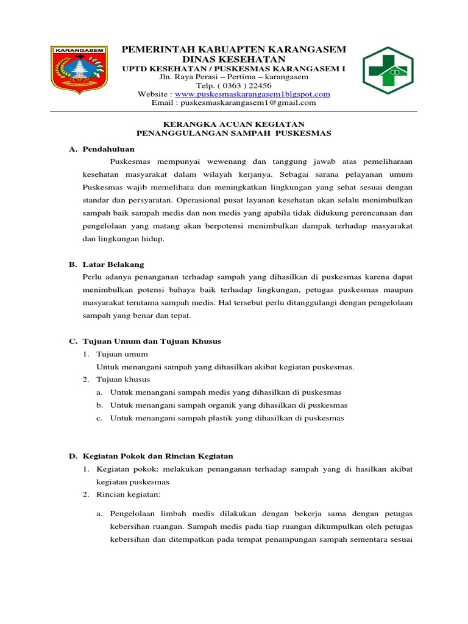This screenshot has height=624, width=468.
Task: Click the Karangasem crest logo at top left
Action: coord(79,71)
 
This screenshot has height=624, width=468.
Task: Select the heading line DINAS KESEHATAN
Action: coord(234,59)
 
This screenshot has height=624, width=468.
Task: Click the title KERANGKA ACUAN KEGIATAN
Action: coord(234,123)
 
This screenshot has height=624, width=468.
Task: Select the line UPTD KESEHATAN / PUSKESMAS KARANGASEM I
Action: coord(234,69)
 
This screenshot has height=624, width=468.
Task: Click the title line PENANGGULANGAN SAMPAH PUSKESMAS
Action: coord(234,132)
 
